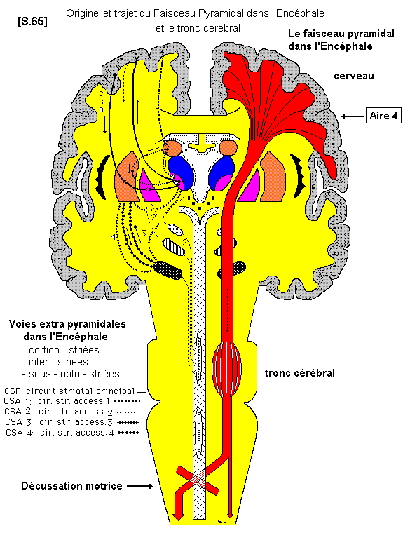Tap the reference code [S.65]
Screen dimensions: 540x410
point(32,21)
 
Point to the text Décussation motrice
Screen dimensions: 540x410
point(71,486)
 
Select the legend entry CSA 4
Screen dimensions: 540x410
point(70,433)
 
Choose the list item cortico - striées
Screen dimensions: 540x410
point(61,349)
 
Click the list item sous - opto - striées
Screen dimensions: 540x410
point(70,374)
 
